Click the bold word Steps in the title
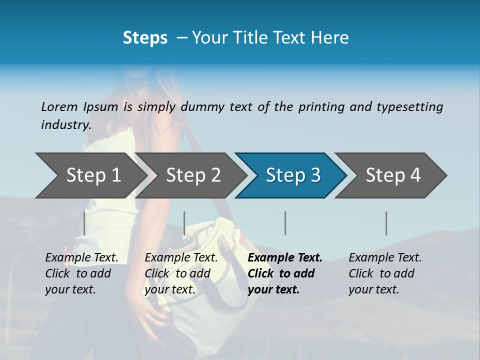(145, 38)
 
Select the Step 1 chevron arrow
(93, 175)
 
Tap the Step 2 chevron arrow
(193, 175)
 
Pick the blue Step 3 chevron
(293, 175)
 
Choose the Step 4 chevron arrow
(393, 175)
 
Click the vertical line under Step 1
(84, 223)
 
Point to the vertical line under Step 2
(184, 223)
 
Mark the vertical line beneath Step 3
(285, 223)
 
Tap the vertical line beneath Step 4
(386, 223)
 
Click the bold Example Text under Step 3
(285, 258)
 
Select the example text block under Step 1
(81, 273)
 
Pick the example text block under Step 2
(181, 273)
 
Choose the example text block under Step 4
(385, 273)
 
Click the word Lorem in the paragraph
(59, 106)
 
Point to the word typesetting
(409, 107)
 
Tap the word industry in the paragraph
(65, 125)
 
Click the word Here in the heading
(330, 38)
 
